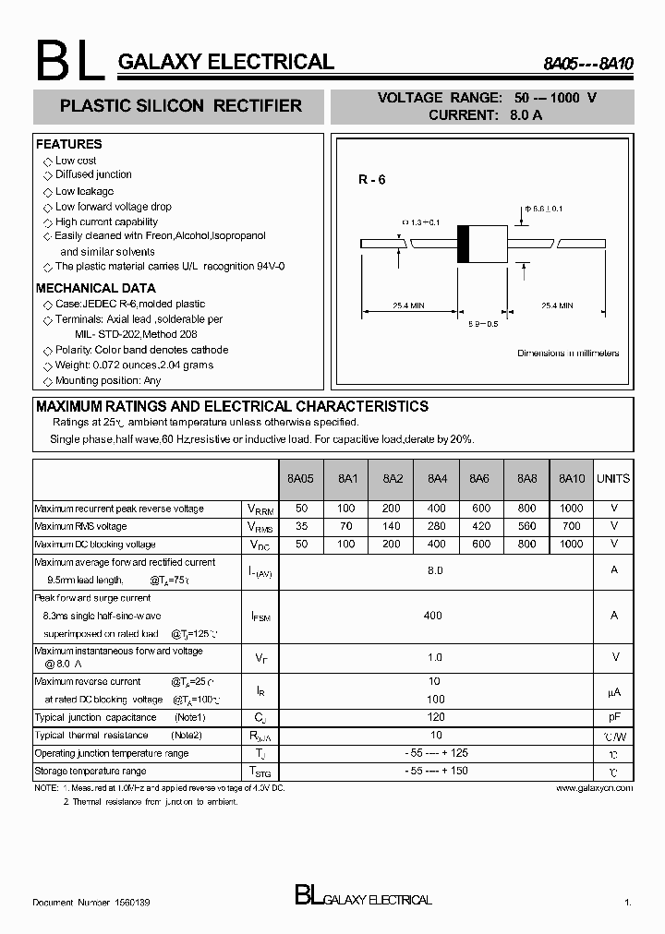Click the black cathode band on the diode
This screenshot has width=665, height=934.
465,244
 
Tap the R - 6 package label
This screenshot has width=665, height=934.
372,180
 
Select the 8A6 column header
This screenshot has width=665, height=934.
478,478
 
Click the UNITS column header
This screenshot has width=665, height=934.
613,478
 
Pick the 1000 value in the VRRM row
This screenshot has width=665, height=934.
572,509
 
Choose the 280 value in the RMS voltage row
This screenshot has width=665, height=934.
436,526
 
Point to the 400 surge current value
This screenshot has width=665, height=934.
432,616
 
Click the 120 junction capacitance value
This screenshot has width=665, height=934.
435,717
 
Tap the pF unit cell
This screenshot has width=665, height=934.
613,717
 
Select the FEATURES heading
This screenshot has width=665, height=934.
68,144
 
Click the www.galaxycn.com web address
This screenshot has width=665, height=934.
595,788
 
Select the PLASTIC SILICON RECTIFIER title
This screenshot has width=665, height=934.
180,106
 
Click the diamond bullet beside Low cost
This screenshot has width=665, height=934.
48,162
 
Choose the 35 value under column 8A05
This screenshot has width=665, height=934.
301,526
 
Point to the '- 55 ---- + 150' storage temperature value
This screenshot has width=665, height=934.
435,771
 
